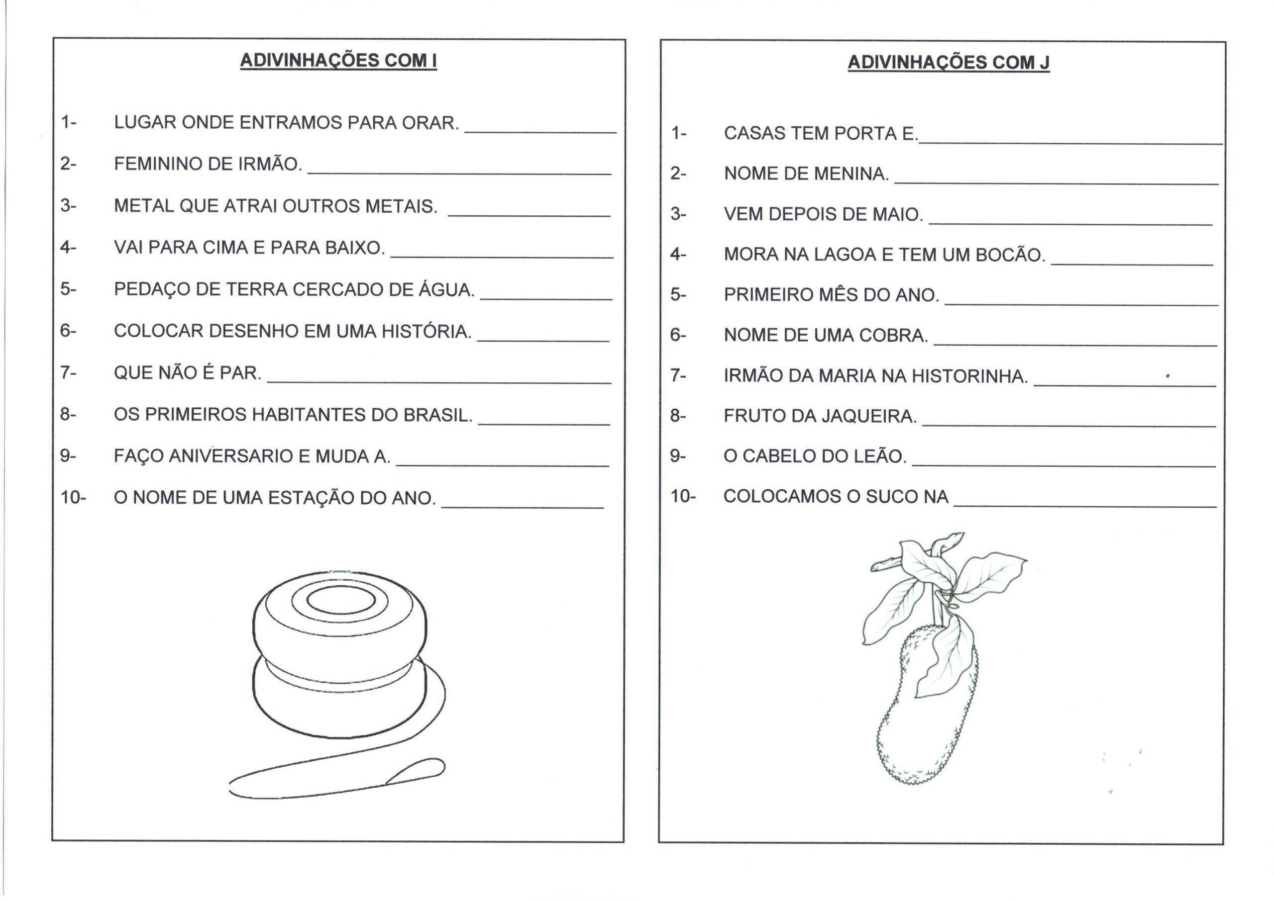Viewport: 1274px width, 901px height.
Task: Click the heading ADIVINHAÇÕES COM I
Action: coord(338,61)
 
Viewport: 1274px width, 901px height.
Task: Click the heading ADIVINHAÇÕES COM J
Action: coord(948,62)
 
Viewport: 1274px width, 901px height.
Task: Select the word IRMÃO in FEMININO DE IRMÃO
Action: coord(270,164)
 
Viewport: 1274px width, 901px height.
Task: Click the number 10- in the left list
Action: coord(73,498)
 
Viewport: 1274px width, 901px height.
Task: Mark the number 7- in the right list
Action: coord(678,375)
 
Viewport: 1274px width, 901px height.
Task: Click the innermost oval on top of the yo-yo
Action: coord(340,600)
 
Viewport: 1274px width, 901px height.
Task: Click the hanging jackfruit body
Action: coord(922,721)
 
